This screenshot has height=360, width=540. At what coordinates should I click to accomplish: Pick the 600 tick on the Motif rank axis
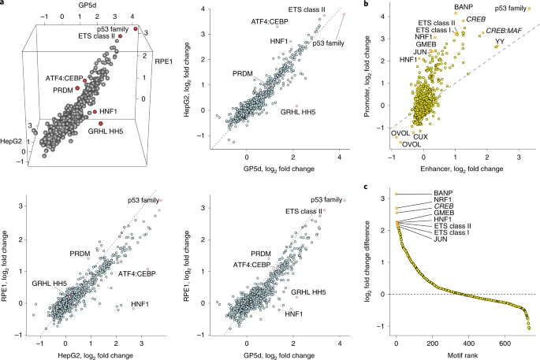coord(506,343)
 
